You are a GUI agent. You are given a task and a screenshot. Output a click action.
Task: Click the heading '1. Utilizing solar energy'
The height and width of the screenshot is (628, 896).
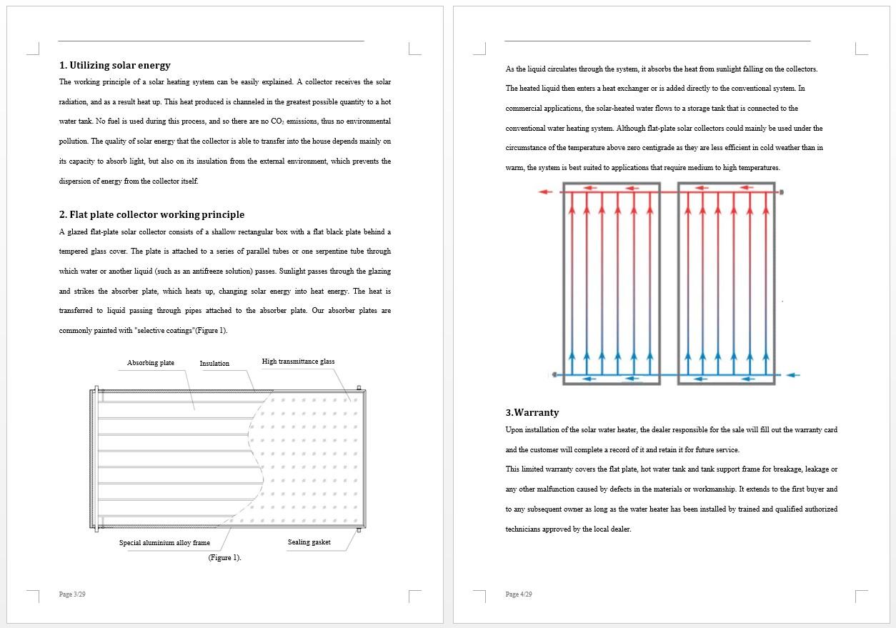click(x=115, y=66)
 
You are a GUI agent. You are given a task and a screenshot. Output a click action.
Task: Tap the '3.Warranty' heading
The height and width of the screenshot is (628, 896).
click(x=532, y=413)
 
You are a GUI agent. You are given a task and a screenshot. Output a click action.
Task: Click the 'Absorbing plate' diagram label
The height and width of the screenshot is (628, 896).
click(x=151, y=363)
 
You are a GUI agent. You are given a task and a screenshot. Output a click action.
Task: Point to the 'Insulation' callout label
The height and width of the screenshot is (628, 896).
click(x=214, y=364)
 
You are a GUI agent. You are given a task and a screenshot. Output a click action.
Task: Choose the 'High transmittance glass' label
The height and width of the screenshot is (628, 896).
click(x=298, y=362)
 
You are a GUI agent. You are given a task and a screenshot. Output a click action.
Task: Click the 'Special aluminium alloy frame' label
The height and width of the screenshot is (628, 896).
click(x=164, y=543)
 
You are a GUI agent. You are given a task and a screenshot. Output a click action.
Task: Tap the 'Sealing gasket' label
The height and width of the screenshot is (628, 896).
click(x=309, y=542)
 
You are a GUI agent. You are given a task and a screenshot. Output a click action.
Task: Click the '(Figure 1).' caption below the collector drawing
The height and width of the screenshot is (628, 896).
click(x=224, y=558)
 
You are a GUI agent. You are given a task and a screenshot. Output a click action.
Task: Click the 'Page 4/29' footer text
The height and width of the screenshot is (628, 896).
click(x=519, y=594)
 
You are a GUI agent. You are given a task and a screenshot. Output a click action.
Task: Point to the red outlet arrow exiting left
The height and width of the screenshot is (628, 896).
click(x=545, y=191)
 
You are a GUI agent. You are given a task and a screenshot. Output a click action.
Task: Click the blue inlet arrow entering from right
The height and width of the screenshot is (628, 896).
click(x=793, y=374)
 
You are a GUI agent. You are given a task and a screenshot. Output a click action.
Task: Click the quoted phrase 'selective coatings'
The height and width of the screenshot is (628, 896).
click(x=164, y=331)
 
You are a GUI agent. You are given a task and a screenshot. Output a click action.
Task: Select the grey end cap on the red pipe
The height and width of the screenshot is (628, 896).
click(x=781, y=192)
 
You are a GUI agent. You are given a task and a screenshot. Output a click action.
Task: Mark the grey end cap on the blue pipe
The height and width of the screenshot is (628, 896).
click(x=554, y=374)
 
